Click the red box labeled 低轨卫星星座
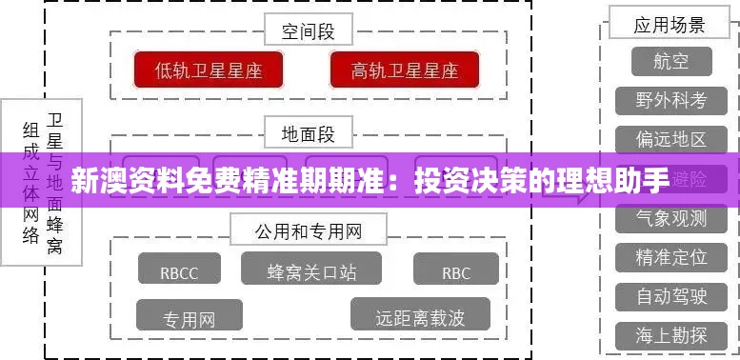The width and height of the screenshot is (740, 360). coord(209,70)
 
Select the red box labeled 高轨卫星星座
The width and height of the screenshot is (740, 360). coord(405,70)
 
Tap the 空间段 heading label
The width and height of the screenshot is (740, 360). coord(308,31)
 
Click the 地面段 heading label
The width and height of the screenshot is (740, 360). coord(308,133)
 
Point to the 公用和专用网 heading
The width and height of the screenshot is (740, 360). coord(308,230)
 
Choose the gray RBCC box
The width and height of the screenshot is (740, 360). coord(179,272)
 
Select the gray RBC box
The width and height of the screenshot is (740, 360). coord(456,272)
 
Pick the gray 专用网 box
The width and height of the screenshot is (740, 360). coord(189,317)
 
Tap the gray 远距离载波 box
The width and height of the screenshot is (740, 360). coord(420,316)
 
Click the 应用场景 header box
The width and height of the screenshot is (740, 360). coord(670,25)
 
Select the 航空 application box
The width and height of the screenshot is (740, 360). coord(670,62)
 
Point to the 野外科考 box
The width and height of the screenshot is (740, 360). coord(671,100)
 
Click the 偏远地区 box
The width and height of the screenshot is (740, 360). coord(671,139)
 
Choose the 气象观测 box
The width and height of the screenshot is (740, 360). coord(671,218)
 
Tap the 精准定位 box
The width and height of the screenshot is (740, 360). coord(671,257)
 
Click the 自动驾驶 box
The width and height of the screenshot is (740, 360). coord(671,296)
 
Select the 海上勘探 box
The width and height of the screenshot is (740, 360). coord(671,335)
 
